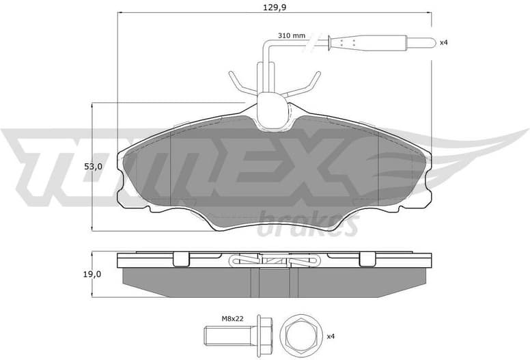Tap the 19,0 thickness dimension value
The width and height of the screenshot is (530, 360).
pyautogui.click(x=93, y=274)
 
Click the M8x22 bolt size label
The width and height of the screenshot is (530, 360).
pyautogui.click(x=232, y=318)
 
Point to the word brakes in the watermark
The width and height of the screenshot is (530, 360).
pyautogui.click(x=307, y=225)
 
